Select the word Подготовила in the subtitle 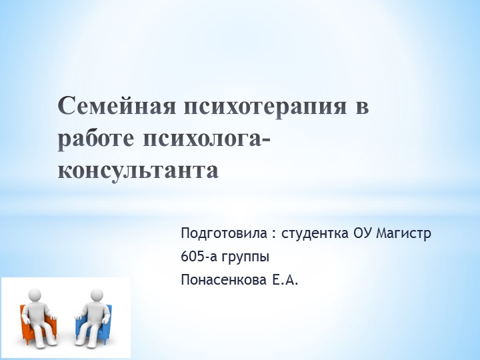[x=223, y=234]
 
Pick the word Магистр [x=405, y=234]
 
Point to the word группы [x=246, y=257]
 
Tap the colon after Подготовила [x=274, y=235]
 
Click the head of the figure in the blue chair [x=97, y=294]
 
